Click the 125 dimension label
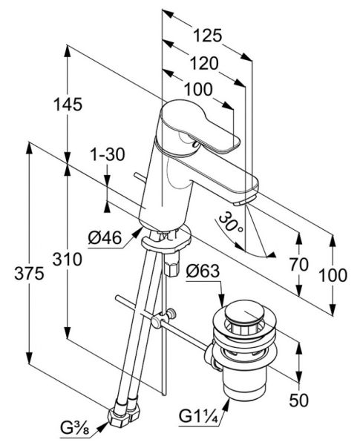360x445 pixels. tap(207, 36)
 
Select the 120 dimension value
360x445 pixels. tap(204, 63)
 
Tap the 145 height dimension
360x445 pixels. tap(68, 104)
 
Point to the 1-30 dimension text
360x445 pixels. tap(108, 155)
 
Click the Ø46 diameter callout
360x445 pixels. tap(105, 237)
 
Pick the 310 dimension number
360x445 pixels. tap(68, 260)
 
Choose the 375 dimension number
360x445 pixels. tap(29, 274)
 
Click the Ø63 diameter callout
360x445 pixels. tap(203, 271)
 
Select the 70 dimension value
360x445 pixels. tap(299, 265)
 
